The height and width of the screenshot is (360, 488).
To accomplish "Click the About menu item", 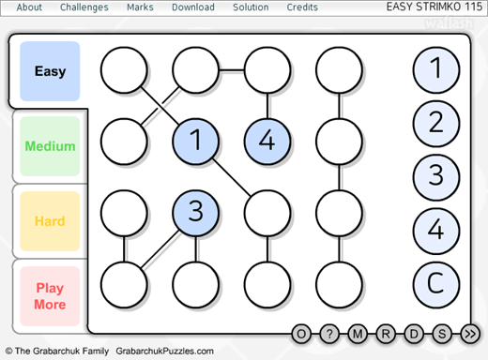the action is click(x=29, y=7).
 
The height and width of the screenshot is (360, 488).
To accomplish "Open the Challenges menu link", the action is click(x=84, y=7).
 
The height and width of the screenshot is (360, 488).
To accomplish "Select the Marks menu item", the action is click(x=140, y=7).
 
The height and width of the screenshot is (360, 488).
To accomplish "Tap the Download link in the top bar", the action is click(x=193, y=7).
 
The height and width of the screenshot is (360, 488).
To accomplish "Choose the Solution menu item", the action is click(x=251, y=7).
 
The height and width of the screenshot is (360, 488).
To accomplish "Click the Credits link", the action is click(x=302, y=7).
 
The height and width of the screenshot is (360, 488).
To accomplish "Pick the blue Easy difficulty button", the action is click(x=50, y=71).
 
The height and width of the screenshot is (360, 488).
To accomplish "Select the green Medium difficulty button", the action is click(x=50, y=146).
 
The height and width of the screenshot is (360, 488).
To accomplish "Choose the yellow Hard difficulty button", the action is click(x=50, y=221).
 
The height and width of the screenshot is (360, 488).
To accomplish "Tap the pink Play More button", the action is click(x=50, y=296).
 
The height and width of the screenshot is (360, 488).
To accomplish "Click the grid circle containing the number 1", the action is click(x=195, y=142).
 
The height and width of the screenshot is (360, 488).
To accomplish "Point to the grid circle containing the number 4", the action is click(x=267, y=142).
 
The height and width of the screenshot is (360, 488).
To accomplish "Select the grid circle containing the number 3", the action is click(x=195, y=213).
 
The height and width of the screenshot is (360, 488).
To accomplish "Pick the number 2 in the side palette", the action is click(x=436, y=124).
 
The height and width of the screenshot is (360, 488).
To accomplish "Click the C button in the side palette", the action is click(x=436, y=284).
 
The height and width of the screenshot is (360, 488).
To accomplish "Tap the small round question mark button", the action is click(x=329, y=334).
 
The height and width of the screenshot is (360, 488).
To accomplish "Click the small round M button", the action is click(x=358, y=334).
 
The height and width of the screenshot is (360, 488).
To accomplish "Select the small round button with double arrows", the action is click(x=470, y=334).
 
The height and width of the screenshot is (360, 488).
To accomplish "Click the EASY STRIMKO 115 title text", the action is click(x=435, y=7).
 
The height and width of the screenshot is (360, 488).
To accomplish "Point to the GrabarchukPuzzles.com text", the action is click(x=164, y=351).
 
